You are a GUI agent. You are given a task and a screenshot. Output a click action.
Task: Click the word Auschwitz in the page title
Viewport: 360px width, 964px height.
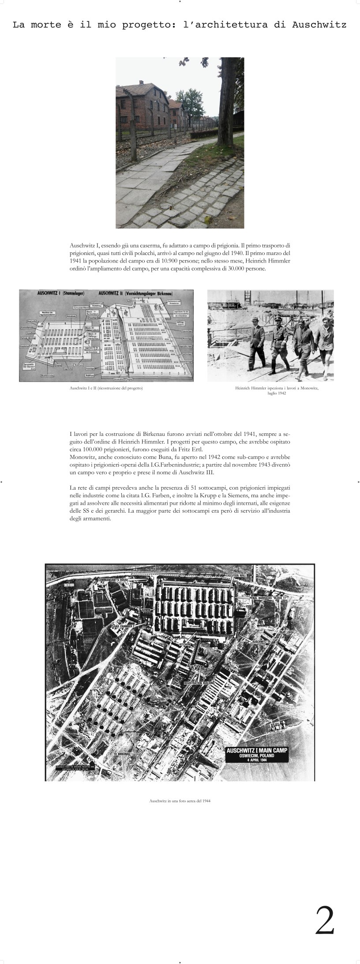click(x=319, y=25)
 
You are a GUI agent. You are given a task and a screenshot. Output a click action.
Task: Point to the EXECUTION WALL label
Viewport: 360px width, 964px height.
click(x=238, y=576)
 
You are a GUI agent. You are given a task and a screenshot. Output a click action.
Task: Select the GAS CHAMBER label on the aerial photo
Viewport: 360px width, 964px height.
click(x=123, y=626)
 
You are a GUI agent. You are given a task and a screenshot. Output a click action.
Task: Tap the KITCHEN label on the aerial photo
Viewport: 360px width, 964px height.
click(x=184, y=645)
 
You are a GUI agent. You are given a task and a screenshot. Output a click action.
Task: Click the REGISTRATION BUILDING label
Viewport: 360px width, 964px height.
click(x=199, y=683)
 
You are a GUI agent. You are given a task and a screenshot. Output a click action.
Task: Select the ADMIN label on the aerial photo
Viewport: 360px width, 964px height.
click(x=146, y=609)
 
